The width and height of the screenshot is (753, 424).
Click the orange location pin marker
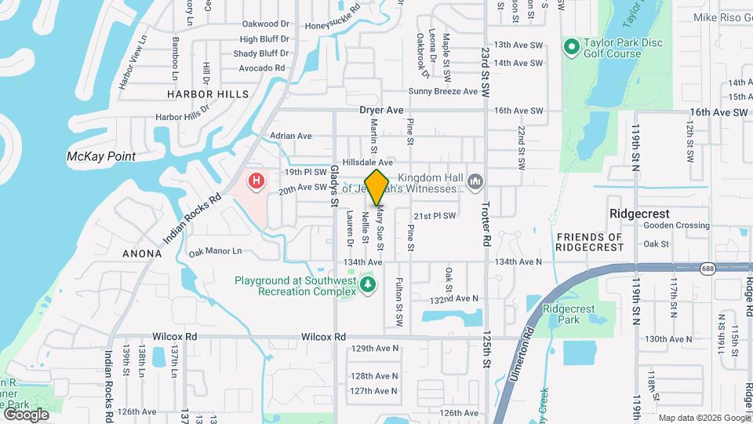tap(377, 187)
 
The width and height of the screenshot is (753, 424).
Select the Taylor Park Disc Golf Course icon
tap(571, 48)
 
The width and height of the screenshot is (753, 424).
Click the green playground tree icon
tap(366, 282)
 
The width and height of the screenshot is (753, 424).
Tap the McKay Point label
tap(101, 156)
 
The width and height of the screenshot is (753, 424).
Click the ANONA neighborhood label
tap(142, 254)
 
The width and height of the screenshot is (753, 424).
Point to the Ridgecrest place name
tap(640, 214)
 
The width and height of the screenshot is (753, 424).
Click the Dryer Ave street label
tap(381, 111)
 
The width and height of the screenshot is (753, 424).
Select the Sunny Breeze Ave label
tap(443, 91)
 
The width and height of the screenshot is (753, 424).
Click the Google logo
tap(26, 414)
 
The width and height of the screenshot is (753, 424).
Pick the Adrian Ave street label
tap(291, 136)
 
